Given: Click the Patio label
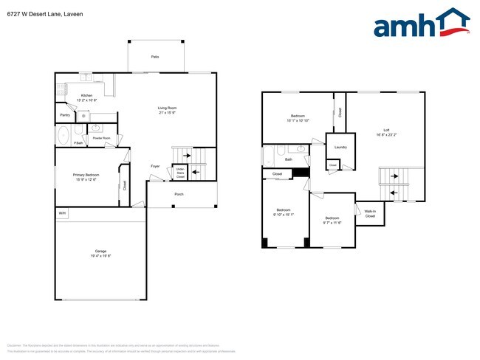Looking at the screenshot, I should click(x=155, y=57).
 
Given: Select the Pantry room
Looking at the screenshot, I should click(x=65, y=115).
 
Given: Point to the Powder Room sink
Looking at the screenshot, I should click(x=96, y=128).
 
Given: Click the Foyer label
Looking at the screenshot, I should click(x=155, y=166).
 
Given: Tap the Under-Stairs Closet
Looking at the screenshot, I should click(x=179, y=173).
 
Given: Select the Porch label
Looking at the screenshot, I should click(x=179, y=194).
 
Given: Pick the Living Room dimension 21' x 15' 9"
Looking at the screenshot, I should click(x=168, y=113).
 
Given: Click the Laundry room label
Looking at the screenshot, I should click(x=340, y=148).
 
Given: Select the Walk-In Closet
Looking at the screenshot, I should click(x=370, y=215).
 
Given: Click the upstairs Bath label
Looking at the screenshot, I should click(x=289, y=159).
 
